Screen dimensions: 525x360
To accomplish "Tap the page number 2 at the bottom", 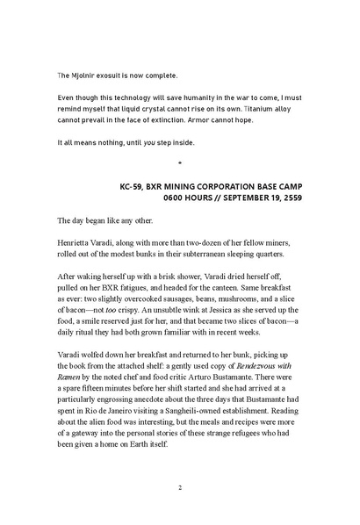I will click(x=179, y=488).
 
